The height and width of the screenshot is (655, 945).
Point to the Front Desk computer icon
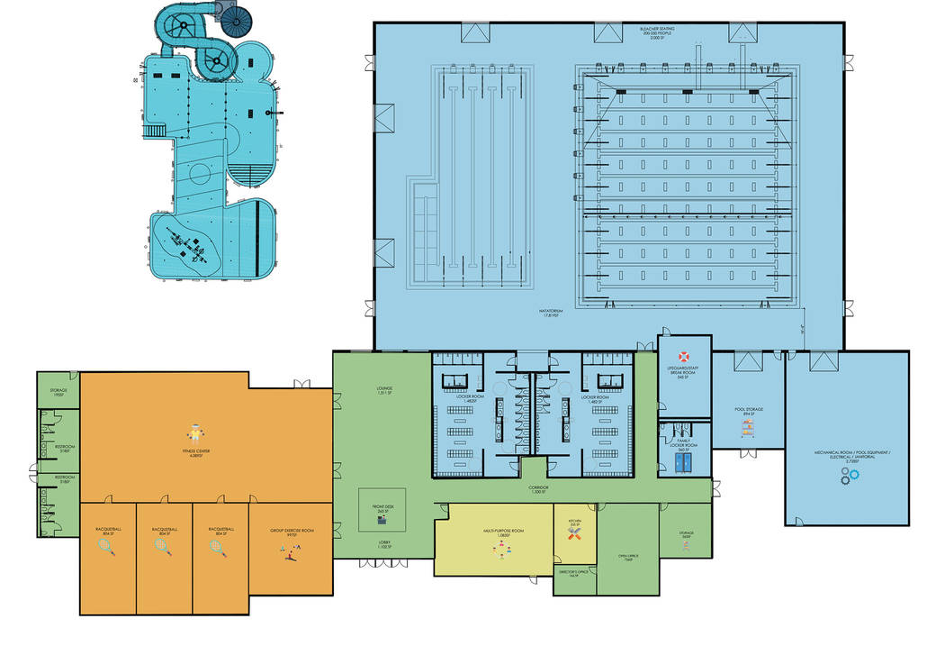point(382,520)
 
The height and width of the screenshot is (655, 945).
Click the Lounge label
point(384,391)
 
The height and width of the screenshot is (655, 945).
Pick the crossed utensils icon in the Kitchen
point(574,534)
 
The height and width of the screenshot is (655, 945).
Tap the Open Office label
point(628,557)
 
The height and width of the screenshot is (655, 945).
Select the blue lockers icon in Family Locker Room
point(684,460)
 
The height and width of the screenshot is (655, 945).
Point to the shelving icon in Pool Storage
point(746,430)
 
